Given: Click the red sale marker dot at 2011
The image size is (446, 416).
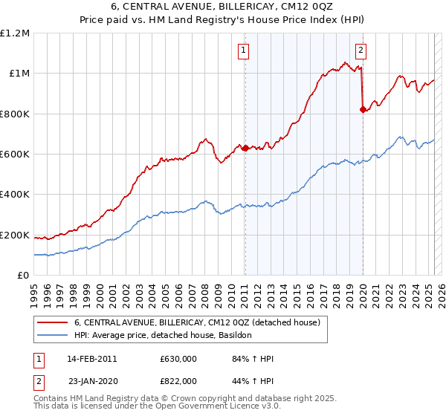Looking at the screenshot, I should [245, 148].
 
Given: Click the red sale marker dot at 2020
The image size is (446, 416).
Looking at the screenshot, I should [363, 109].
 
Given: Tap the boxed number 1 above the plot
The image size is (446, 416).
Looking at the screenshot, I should [244, 51].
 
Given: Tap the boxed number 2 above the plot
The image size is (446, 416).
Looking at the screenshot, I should [361, 51].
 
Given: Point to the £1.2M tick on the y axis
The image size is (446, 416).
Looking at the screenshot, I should [15, 33].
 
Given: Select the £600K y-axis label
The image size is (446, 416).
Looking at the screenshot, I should [15, 154].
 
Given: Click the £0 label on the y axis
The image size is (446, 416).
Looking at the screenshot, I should [23, 275].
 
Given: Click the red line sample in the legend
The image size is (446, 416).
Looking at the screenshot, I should [53, 323].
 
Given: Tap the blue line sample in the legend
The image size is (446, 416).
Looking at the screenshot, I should [53, 336].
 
